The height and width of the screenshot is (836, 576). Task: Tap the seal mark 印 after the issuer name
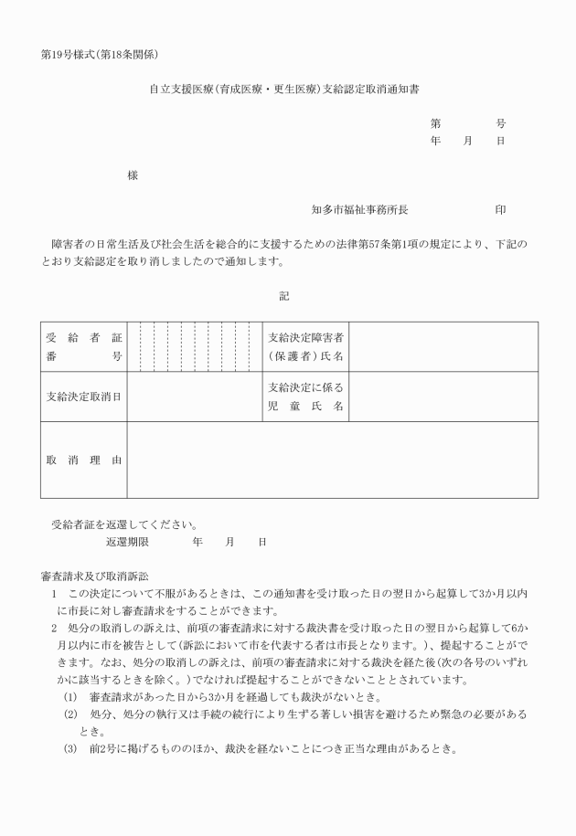point(500,210)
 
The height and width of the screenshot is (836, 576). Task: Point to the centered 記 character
point(284,295)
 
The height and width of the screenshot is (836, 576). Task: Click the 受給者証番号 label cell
point(84,347)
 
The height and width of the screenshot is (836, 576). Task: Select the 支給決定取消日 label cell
point(84,397)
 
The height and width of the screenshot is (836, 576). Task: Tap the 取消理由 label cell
point(84,460)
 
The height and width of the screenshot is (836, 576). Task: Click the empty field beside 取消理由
point(332,460)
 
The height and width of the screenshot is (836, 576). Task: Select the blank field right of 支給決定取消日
point(194,397)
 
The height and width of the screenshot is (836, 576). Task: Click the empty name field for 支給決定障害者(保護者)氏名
point(443,347)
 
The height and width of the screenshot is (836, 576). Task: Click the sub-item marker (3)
point(70,749)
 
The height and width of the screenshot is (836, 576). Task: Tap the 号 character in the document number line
point(501,123)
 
